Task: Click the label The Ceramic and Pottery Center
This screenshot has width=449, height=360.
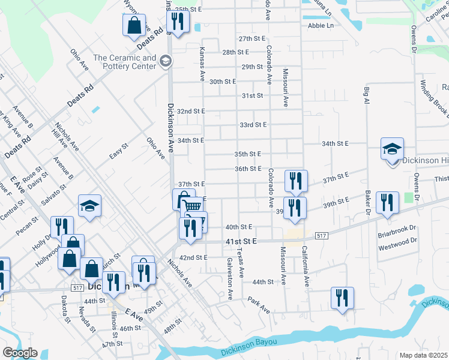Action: point(124,62)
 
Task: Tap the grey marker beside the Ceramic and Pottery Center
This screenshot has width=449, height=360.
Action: point(166,61)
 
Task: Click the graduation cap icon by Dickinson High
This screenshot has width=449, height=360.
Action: point(392,148)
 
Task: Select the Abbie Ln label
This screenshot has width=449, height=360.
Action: point(320,26)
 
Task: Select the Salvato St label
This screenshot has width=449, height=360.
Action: point(55,192)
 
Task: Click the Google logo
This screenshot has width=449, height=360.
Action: point(20,353)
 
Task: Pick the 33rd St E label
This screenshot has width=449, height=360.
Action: point(253,125)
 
